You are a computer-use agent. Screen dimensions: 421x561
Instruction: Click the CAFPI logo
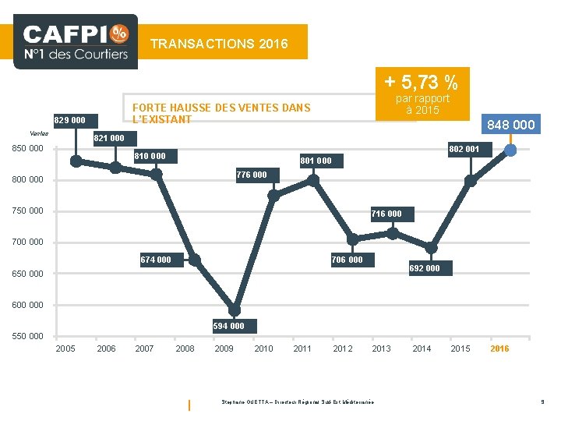click(x=76, y=41)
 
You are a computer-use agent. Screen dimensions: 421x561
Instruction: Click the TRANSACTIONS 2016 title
click(x=219, y=44)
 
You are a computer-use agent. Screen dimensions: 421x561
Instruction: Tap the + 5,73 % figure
click(x=421, y=80)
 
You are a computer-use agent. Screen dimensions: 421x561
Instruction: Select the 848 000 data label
click(x=510, y=125)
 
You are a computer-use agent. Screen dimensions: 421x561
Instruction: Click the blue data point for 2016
click(x=510, y=150)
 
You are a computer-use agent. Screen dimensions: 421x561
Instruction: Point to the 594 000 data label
click(x=228, y=326)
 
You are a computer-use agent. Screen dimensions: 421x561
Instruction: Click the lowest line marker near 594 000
click(x=235, y=310)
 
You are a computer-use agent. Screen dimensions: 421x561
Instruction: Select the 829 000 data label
click(x=70, y=121)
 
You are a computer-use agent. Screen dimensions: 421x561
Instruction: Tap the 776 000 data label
click(x=251, y=175)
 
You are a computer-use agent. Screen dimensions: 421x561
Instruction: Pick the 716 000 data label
click(x=386, y=214)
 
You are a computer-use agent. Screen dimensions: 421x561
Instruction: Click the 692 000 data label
click(x=425, y=268)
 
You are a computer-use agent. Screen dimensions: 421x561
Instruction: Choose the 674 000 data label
click(x=156, y=260)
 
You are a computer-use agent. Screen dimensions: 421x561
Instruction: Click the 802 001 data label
click(x=464, y=148)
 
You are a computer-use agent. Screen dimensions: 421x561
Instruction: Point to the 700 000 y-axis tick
click(x=27, y=242)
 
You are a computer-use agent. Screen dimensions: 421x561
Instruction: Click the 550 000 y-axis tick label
click(x=27, y=336)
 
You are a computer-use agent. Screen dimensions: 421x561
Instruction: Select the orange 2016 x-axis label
click(x=499, y=348)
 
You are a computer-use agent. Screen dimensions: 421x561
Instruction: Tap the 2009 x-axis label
click(x=224, y=348)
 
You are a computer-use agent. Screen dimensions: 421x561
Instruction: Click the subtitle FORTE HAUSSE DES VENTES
click(x=221, y=113)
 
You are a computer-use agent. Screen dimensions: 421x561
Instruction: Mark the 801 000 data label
click(x=316, y=161)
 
